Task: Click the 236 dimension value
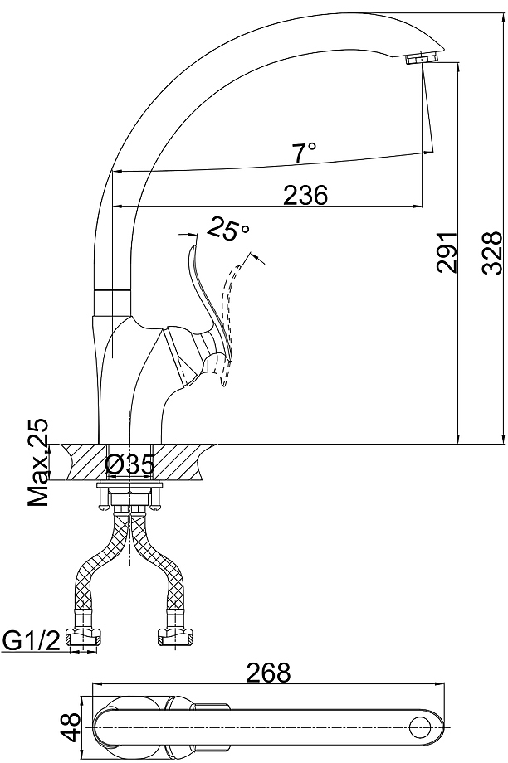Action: tap(305, 195)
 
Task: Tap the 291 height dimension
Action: tap(447, 252)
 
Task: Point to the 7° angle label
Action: tap(305, 153)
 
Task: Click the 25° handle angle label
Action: tap(227, 229)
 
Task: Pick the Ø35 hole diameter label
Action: tap(129, 464)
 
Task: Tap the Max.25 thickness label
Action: tap(38, 462)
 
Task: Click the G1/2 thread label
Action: tap(32, 640)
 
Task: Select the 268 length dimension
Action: tap(268, 673)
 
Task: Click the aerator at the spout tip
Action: tap(422, 59)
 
